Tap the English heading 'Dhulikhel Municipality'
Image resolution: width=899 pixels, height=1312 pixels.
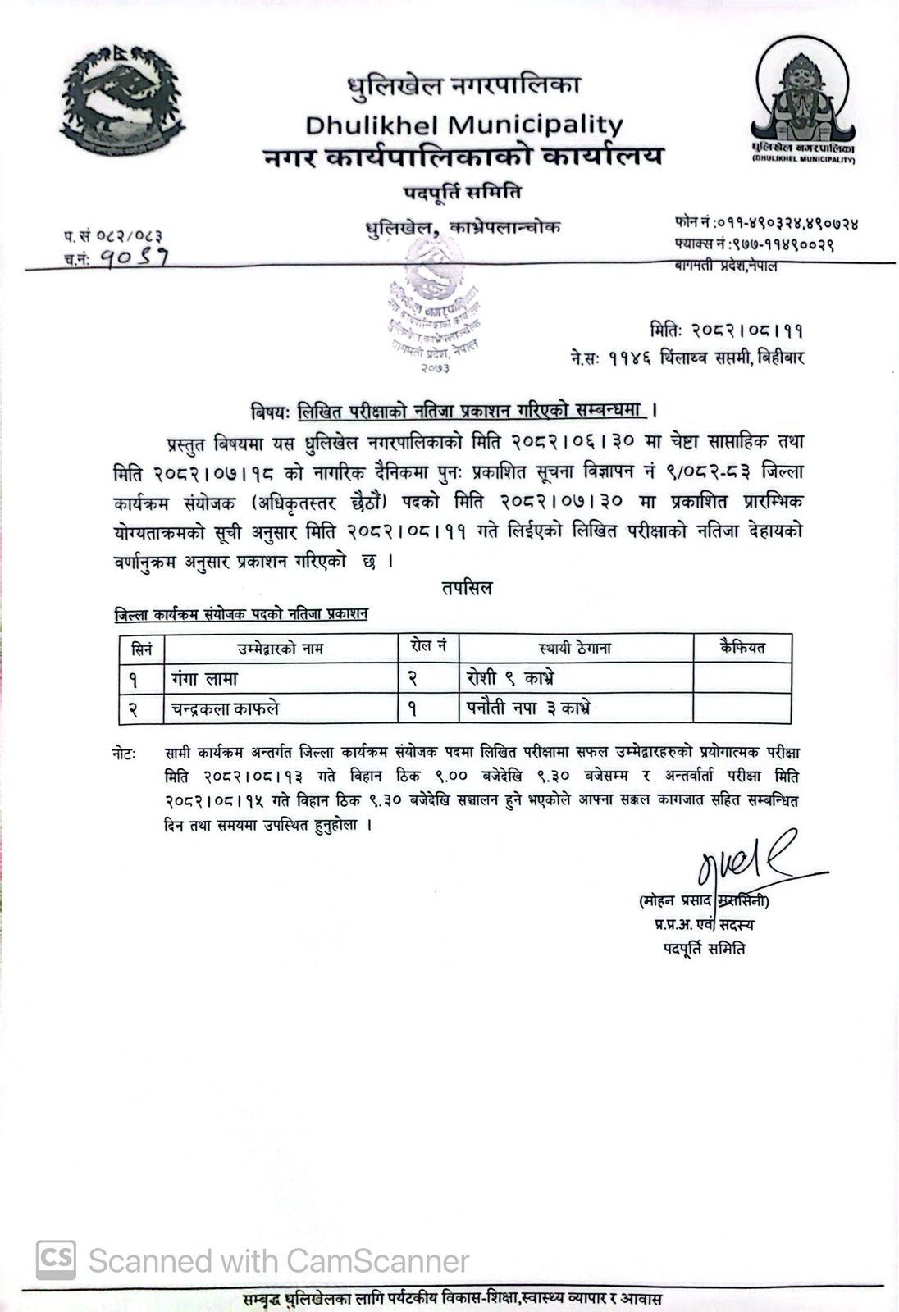pos(464,125)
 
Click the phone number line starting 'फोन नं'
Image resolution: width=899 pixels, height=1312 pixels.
pos(766,223)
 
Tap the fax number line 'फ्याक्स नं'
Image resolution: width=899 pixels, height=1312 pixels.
pos(754,244)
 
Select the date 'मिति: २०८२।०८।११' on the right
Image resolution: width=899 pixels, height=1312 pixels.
pos(727,330)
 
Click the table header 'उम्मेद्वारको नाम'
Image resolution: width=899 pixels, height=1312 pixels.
pos(281,649)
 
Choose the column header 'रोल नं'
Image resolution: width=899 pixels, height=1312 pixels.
pos(427,647)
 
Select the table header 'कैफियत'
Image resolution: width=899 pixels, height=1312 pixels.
pos(742,647)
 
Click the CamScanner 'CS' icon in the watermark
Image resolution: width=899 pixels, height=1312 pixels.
pos(56,1259)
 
